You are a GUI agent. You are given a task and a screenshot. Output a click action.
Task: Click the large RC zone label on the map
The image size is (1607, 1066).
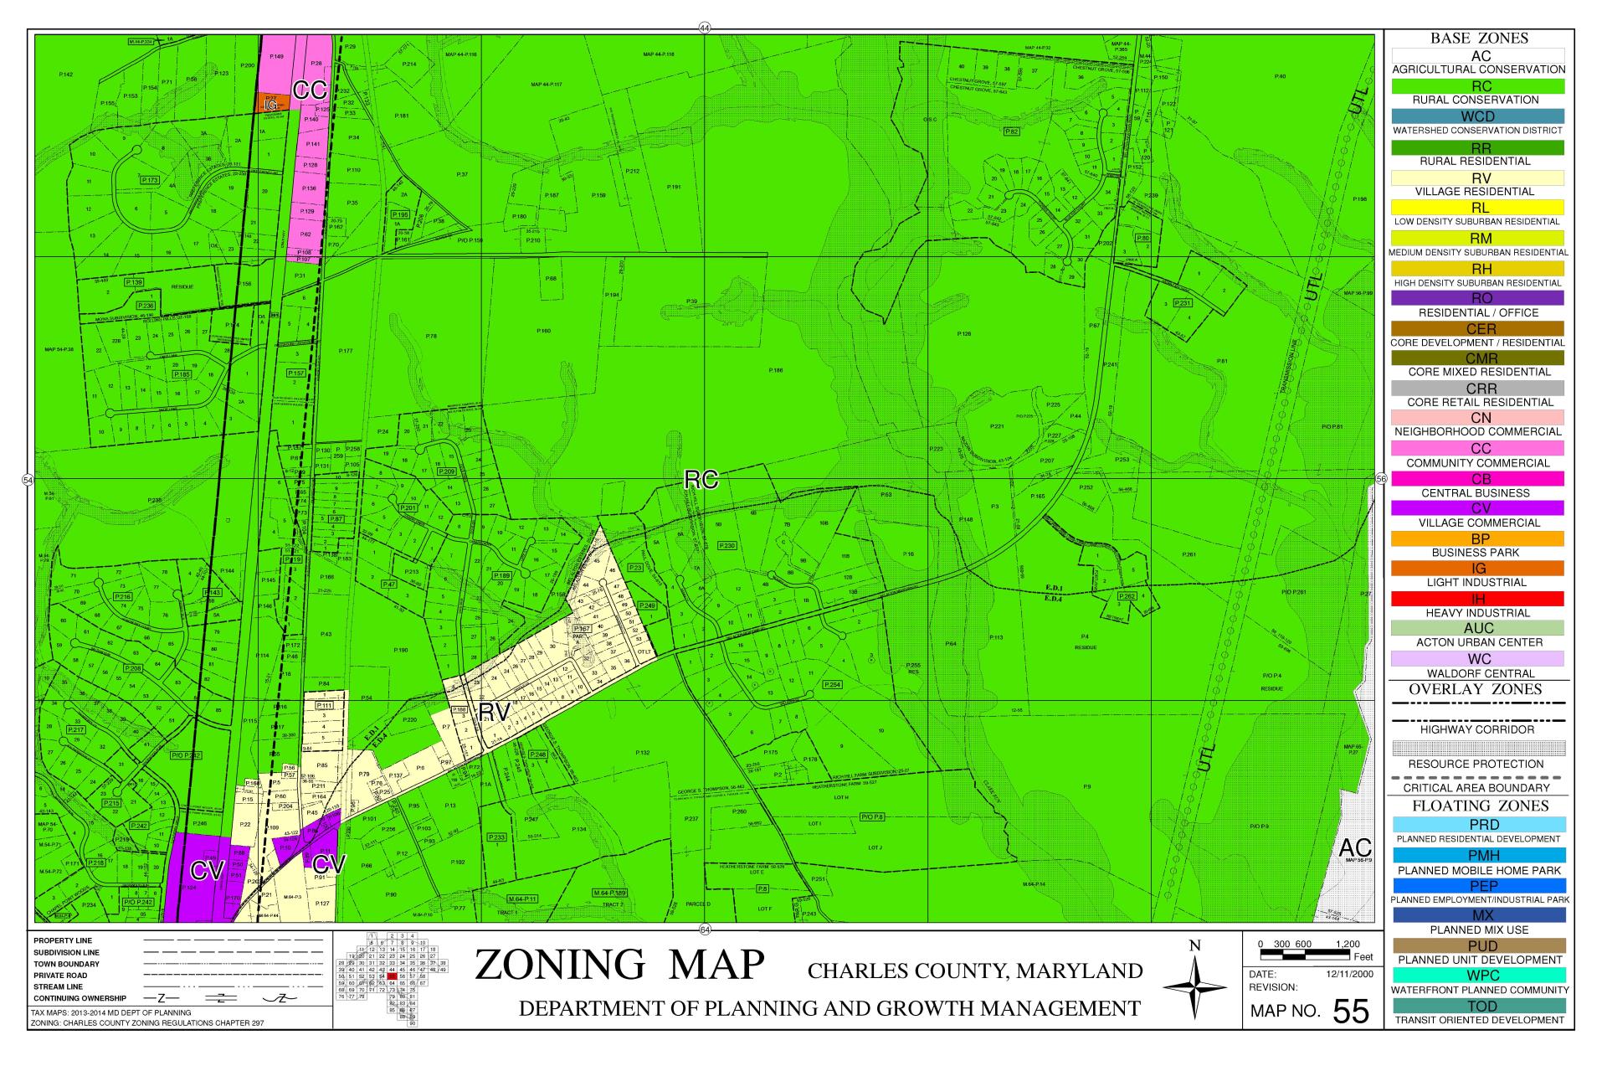tap(701, 479)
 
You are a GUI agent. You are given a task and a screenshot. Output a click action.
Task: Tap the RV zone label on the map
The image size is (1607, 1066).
tap(495, 713)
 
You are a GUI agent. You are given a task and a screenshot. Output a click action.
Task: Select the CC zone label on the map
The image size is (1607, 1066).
tap(309, 91)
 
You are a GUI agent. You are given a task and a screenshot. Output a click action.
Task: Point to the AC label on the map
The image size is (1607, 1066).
tap(1355, 847)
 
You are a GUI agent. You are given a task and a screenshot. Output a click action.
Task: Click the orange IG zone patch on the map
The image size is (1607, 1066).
tap(272, 104)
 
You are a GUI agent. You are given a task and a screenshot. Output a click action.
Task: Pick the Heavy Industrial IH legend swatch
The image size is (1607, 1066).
tap(1478, 599)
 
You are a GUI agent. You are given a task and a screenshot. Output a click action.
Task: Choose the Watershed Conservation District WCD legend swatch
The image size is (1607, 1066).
tap(1478, 116)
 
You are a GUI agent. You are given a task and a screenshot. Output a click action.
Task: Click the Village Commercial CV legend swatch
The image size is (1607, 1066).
tap(1478, 508)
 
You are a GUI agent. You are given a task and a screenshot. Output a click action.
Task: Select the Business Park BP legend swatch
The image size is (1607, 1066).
tap(1478, 538)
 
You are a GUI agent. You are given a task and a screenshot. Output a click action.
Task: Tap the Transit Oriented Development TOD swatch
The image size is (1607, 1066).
tap(1478, 1006)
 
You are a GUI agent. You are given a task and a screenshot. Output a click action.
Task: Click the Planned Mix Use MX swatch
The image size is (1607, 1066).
tap(1478, 915)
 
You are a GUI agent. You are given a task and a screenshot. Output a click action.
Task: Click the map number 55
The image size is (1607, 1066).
tap(1350, 1012)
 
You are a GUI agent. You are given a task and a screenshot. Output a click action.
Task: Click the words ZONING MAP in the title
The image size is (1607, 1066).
tap(619, 965)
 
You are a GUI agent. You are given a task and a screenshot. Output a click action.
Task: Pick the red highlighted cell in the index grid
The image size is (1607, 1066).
tap(392, 976)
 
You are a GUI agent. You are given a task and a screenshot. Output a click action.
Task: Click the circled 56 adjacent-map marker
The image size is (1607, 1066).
tap(1381, 479)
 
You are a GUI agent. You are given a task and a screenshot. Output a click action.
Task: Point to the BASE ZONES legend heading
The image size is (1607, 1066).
tap(1478, 39)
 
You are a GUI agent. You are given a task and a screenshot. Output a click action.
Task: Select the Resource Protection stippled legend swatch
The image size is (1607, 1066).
tap(1478, 748)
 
